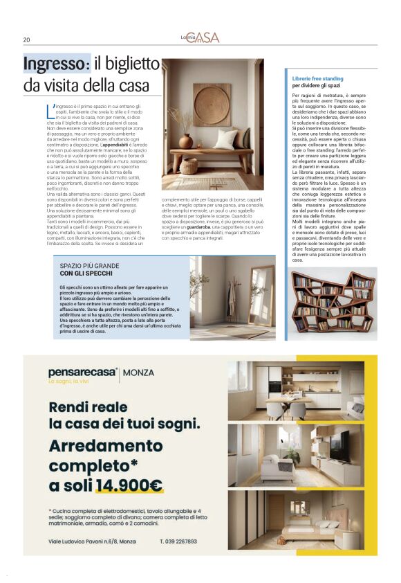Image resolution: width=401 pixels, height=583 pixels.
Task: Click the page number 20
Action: tap(26, 39)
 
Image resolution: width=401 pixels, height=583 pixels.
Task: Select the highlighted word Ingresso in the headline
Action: tap(56, 64)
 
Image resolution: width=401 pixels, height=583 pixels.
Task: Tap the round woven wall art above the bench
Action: tap(212, 104)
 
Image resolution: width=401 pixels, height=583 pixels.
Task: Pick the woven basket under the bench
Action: tap(189, 166)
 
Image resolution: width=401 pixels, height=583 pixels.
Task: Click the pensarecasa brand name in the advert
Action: tap(82, 373)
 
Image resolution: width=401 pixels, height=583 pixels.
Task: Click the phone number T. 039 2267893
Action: tap(178, 541)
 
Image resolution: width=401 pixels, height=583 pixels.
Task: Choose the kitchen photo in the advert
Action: tap(296, 391)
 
